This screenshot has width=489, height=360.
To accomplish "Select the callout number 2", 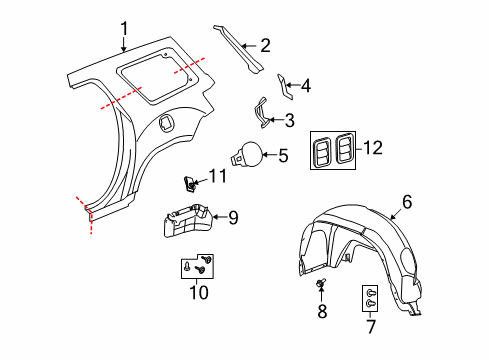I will point(264,44).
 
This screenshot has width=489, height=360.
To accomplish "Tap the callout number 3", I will point(289,121).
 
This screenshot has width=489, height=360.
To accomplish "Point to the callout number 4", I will point(305,86).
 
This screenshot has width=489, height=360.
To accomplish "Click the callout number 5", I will point(282,155).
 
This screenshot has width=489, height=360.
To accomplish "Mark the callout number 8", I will point(323,311).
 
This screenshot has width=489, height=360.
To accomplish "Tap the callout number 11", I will point(217,176).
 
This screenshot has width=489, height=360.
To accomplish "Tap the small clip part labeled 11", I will point(189,183).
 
